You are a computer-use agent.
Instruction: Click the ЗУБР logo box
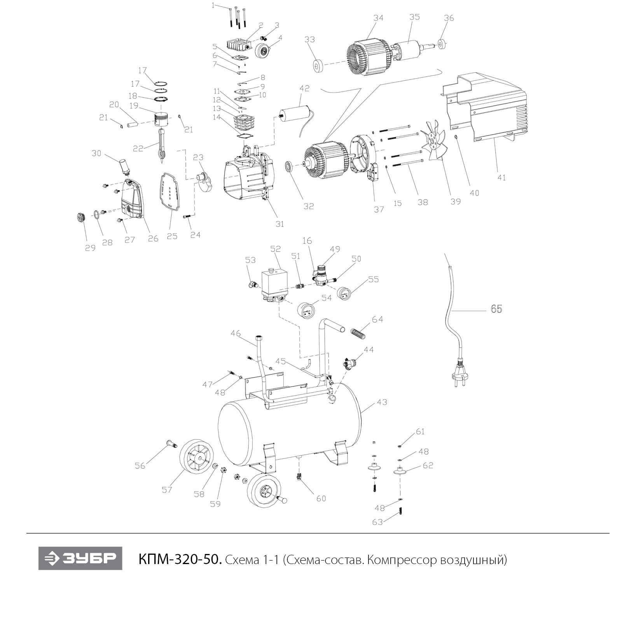coord(80,558)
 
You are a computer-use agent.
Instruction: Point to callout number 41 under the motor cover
coord(501,177)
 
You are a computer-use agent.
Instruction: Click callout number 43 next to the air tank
coord(382,402)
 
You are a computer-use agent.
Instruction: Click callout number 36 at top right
coord(449,18)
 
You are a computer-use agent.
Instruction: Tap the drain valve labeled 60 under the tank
coord(299,476)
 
